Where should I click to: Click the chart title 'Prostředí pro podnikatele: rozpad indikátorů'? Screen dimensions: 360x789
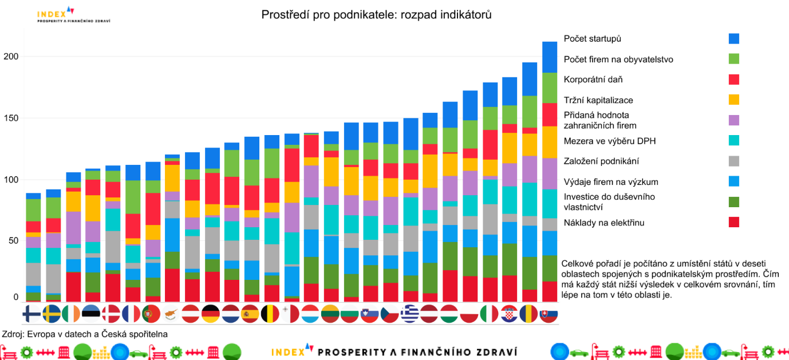(376, 15)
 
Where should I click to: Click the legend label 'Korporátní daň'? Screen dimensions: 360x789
(593, 80)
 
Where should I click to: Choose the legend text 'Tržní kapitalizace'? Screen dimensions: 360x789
(598, 100)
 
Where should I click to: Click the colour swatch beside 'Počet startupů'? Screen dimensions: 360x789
(733, 38)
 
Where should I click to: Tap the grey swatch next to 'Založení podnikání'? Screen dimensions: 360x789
(733, 161)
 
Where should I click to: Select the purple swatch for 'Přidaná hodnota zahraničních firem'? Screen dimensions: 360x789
(733, 120)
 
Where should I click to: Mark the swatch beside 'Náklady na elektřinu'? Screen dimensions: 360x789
(733, 222)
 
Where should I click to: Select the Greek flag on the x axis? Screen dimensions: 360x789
(410, 314)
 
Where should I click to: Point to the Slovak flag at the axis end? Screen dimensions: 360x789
(549, 314)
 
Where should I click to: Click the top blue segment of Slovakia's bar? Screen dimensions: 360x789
(550, 57)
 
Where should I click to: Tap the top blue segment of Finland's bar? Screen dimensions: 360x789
(33, 196)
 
